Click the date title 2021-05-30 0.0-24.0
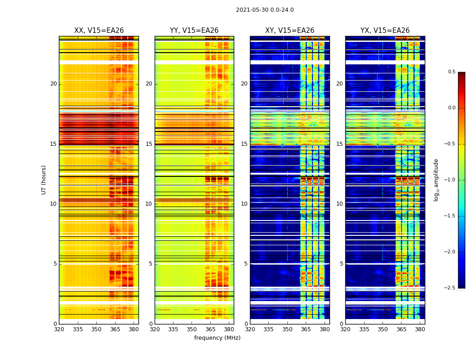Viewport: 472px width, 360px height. pos(265,10)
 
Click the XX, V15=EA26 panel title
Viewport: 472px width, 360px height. pos(99,31)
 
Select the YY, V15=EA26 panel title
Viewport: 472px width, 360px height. pos(194,31)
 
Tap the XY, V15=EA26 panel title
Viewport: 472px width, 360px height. pos(289,31)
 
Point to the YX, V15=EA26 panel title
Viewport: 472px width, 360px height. pos(385,31)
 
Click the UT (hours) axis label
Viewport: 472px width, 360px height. pos(44,180)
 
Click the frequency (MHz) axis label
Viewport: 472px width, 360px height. pos(217,338)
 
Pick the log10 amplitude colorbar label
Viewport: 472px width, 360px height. pos(436,180)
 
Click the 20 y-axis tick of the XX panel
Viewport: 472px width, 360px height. pos(53,84)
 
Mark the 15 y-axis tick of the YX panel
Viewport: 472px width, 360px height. pos(340,144)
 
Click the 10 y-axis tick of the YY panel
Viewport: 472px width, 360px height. pos(149,204)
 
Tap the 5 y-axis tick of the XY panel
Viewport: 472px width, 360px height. pos(246,264)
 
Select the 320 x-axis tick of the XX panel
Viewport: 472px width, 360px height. pos(59,329)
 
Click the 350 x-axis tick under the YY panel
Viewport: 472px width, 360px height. pos(192,329)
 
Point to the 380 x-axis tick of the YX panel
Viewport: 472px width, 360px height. pos(420,329)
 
